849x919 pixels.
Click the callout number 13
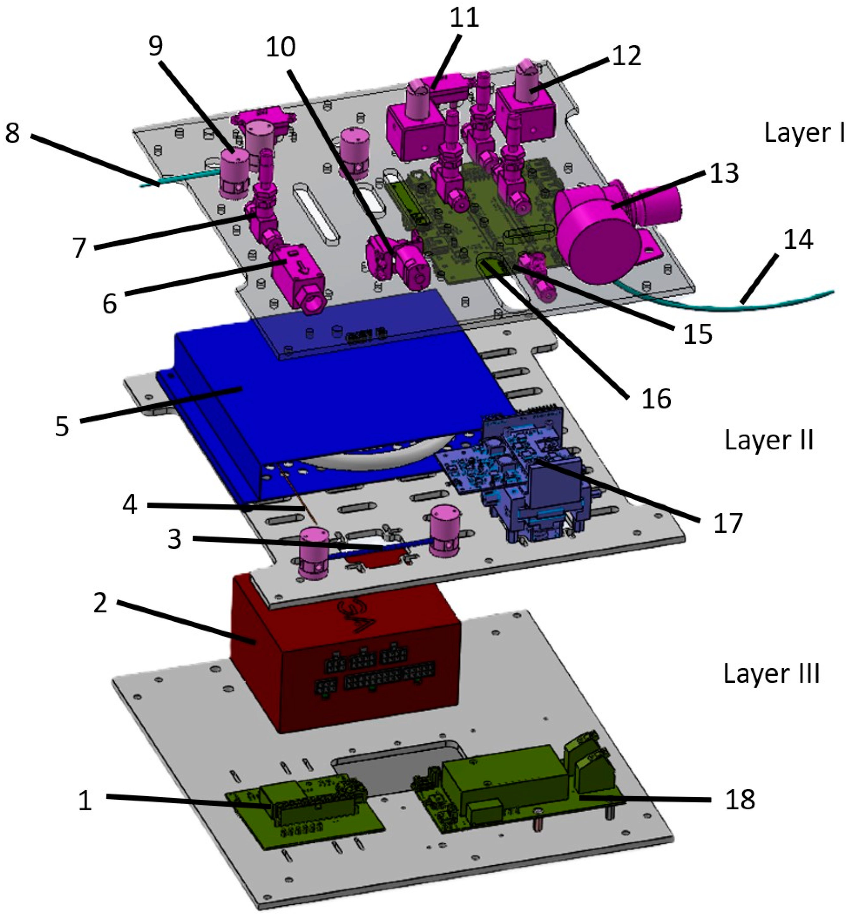click(x=724, y=174)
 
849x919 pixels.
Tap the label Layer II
click(x=768, y=440)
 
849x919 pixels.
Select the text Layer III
click(x=771, y=674)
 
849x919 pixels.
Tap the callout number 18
click(x=740, y=800)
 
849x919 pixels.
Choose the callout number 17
click(x=728, y=523)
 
